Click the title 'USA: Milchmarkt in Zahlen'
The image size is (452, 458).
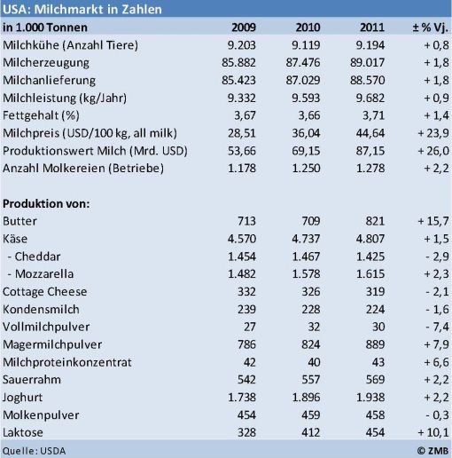82,9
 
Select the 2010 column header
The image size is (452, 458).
308,28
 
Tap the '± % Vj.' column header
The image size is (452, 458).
430,28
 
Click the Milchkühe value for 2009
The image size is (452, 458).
241,45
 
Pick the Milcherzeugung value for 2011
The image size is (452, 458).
367,62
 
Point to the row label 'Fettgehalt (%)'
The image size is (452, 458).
41,115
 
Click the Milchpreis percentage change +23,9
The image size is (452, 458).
433,133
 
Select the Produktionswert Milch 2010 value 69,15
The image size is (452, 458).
306,151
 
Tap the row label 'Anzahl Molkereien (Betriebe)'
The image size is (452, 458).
83,168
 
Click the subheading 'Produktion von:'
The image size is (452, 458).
46,203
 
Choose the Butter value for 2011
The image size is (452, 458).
375,221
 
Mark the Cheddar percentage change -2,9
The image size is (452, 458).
437,257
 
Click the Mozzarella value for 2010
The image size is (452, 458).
306,274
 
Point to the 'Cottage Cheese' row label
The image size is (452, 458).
45,292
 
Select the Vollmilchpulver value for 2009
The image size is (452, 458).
250,327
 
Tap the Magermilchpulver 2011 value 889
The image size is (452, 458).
375,344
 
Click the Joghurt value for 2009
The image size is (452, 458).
241,398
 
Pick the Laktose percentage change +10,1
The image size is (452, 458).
433,432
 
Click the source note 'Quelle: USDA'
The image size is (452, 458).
34,451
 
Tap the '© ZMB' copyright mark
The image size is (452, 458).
433,451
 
